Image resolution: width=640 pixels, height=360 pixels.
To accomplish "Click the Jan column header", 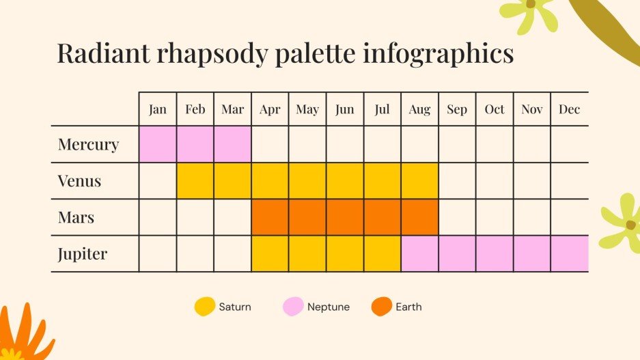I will pos(158,109).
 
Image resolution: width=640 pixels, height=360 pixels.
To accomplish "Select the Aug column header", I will pos(419,109).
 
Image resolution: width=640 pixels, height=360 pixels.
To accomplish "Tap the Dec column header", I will pos(569,109).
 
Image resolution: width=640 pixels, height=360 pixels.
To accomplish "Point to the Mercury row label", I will pos(88,145).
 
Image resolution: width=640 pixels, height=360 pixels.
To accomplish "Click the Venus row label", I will pos(79,181).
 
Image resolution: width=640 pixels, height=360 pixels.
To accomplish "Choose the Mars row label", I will pos(76,218).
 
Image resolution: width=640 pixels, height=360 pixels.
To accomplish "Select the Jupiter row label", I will pos(83,254).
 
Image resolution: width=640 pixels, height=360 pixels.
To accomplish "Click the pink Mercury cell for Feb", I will pos(195,144).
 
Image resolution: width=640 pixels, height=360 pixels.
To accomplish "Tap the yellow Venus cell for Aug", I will pos(419,181).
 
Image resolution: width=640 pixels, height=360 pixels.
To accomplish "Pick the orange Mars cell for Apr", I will pos(270,217).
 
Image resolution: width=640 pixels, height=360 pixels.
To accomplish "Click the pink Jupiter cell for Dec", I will pos(569,253).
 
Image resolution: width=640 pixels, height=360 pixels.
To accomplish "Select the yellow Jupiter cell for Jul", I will pos(382,253).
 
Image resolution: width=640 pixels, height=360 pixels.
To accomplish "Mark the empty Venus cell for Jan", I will pos(158,181).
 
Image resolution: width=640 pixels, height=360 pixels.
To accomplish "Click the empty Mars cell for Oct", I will pos(495,217).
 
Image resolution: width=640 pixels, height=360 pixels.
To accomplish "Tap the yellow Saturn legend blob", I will pos(204,307).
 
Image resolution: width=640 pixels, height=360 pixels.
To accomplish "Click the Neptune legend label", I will pos(328,307).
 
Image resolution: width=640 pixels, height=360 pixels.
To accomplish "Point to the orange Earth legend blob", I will pos(381,307).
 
